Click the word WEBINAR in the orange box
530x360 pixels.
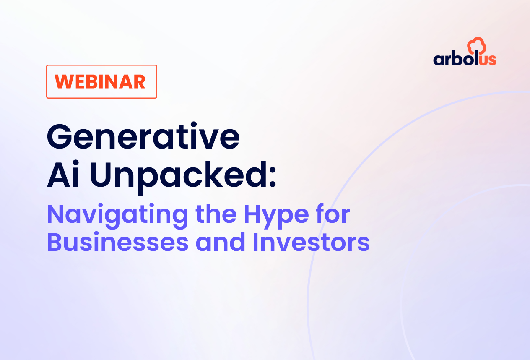click(101, 81)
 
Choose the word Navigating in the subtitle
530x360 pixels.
click(117, 215)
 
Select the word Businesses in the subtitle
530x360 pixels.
click(117, 243)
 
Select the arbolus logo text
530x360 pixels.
click(465, 58)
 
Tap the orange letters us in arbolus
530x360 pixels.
click(488, 59)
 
